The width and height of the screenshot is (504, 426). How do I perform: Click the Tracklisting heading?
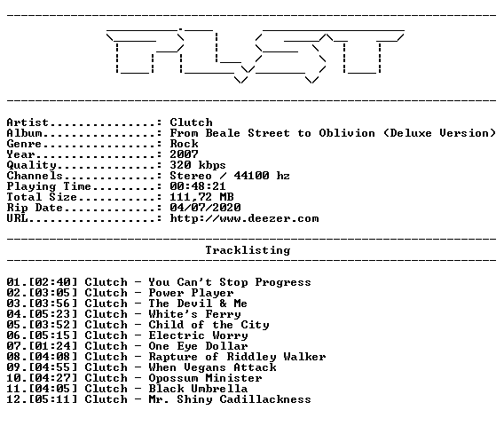(248, 250)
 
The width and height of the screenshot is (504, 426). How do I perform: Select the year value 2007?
(185, 154)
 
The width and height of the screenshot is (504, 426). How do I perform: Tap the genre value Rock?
(185, 144)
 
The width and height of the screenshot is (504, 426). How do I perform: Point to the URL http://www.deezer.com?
(244, 218)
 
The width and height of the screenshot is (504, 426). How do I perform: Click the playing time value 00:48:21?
(198, 186)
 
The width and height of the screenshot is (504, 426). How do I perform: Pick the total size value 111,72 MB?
(201, 197)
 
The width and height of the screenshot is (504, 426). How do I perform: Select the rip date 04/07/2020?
(205, 208)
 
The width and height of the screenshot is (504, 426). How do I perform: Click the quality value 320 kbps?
(198, 165)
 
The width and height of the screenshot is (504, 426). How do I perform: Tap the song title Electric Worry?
(199, 335)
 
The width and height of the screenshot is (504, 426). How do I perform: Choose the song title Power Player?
(192, 293)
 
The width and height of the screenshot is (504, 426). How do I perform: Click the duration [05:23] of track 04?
(53, 314)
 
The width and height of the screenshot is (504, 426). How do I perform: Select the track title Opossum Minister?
(205, 378)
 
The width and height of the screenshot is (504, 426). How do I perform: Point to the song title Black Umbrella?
(199, 389)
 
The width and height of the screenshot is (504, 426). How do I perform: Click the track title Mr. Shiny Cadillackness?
(230, 399)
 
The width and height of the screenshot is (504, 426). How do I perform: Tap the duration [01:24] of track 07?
(53, 346)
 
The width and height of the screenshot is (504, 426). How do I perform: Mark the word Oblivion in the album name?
(347, 133)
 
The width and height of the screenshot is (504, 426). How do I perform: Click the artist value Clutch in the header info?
(192, 122)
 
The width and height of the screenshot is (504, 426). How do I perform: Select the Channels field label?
(35, 176)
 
